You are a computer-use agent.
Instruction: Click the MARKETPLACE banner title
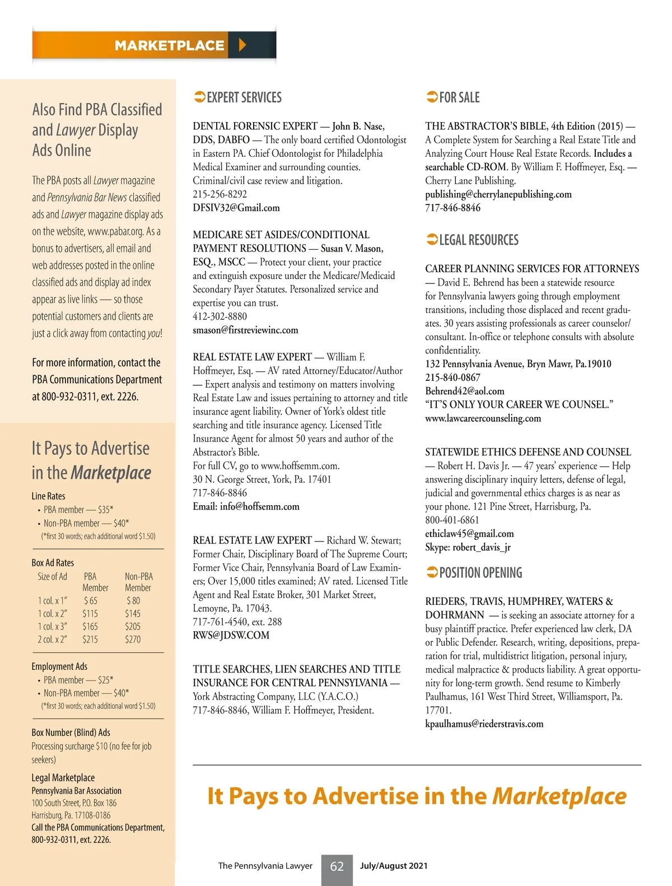(169, 45)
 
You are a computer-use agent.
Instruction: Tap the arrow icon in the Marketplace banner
(242, 45)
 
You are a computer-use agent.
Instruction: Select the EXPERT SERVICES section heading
(244, 97)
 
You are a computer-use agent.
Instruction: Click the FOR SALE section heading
(459, 97)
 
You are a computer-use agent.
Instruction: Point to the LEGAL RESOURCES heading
(478, 240)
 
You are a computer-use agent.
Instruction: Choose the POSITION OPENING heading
(480, 573)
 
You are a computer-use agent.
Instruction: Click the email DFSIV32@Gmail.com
(236, 208)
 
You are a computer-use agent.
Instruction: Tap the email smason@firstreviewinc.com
(245, 330)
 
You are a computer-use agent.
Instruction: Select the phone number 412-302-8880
(220, 316)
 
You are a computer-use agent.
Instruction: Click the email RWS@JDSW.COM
(231, 635)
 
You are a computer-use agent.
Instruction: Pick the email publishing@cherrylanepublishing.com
(498, 194)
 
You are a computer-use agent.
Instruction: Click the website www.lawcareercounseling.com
(483, 418)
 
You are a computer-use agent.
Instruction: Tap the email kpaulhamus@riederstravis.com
(484, 724)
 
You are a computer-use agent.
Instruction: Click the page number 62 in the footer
(337, 866)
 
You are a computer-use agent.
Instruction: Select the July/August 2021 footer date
(393, 866)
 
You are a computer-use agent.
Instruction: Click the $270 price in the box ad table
(133, 639)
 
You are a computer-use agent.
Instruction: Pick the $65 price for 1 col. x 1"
(90, 600)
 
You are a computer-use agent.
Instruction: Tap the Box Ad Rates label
(53, 563)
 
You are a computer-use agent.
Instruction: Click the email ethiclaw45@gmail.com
(469, 534)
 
